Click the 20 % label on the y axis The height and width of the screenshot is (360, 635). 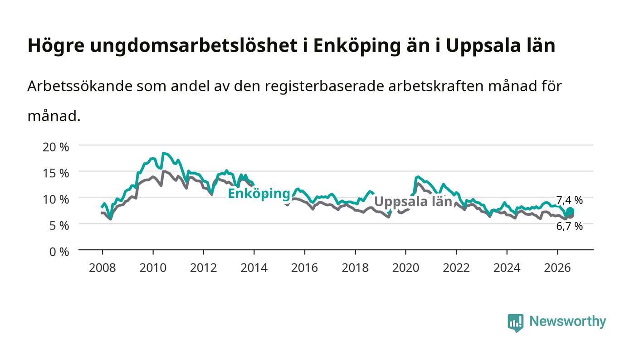(x=55, y=147)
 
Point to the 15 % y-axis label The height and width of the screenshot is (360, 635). (x=55, y=173)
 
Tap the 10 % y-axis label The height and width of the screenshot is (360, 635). (x=55, y=199)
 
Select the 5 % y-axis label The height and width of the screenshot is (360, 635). (x=59, y=226)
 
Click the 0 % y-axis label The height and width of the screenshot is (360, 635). (x=59, y=252)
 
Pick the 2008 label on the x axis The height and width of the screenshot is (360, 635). (x=103, y=268)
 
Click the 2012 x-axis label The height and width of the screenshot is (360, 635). (x=204, y=268)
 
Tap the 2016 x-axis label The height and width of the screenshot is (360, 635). (x=304, y=268)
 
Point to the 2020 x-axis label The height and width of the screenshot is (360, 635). (x=405, y=268)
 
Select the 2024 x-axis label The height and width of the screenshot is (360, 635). (x=507, y=268)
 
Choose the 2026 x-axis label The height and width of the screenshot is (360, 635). (x=557, y=268)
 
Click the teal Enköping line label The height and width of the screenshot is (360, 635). (x=259, y=194)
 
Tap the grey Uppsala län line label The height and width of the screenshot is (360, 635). (x=413, y=202)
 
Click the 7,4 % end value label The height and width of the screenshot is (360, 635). (x=569, y=200)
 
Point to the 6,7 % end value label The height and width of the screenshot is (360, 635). (x=569, y=226)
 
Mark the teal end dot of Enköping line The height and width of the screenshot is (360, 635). (x=570, y=211)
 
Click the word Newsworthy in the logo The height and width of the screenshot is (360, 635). (x=568, y=321)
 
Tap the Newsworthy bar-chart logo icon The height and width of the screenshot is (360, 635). (x=515, y=323)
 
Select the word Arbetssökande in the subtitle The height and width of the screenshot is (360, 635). (x=80, y=86)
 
